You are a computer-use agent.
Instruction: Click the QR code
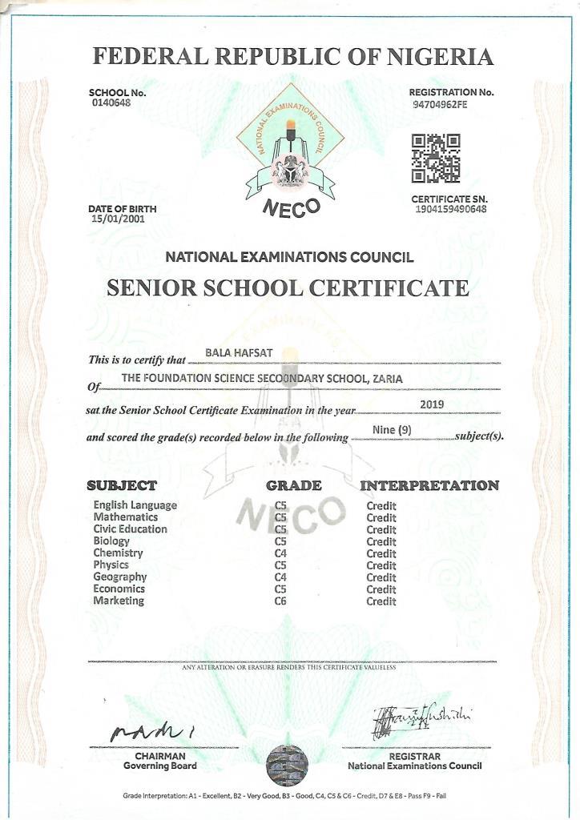pyautogui.click(x=436, y=159)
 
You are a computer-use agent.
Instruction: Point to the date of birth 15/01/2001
pyautogui.click(x=118, y=219)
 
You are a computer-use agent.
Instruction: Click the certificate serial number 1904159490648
pyautogui.click(x=451, y=209)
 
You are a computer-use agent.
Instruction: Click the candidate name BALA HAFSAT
pyautogui.click(x=230, y=352)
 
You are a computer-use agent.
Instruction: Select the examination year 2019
pyautogui.click(x=432, y=405)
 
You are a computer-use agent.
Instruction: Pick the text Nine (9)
pyautogui.click(x=393, y=431)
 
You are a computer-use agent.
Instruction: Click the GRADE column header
pyautogui.click(x=294, y=485)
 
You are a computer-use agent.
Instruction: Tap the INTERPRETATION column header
pyautogui.click(x=429, y=485)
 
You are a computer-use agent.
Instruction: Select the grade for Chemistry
pyautogui.click(x=280, y=553)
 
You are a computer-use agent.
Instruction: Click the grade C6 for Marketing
pyautogui.click(x=280, y=601)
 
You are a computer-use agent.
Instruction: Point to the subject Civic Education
pyautogui.click(x=130, y=529)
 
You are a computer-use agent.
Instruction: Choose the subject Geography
pyautogui.click(x=119, y=577)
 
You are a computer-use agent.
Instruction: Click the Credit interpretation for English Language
pyautogui.click(x=381, y=506)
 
